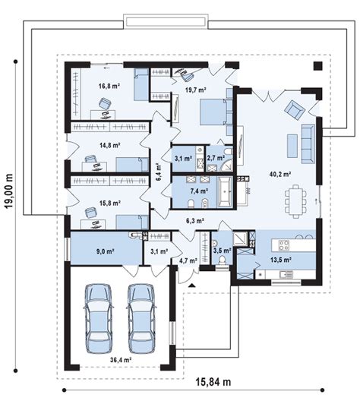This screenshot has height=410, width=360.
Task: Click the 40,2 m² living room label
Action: point(280,174)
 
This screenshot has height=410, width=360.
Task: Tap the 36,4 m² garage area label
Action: point(121,360)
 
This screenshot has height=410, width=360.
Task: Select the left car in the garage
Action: point(99,318)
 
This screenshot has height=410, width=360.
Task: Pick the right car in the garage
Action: point(141,318)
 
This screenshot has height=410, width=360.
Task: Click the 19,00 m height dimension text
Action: point(9,191)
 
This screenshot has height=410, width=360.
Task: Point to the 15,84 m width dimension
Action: point(213,382)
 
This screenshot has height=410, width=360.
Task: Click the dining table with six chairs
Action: point(295,201)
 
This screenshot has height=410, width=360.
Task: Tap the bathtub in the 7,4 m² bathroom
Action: point(225,191)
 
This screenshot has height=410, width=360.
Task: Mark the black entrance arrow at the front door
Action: point(192,285)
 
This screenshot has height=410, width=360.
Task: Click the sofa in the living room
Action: point(308,143)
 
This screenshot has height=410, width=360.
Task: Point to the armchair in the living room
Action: point(295,109)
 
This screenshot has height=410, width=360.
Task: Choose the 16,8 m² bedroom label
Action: point(109,86)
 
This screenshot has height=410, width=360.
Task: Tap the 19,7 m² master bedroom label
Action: point(196,90)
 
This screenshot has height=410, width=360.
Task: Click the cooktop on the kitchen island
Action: point(284,244)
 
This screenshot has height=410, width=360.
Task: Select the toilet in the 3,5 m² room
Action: point(223,261)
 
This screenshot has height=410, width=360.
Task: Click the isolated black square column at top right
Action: point(318,65)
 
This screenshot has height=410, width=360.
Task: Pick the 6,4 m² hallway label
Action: point(159,172)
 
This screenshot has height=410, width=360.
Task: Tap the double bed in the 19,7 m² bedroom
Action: point(214,112)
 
